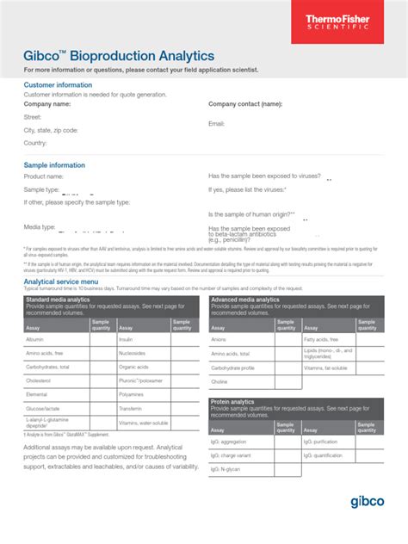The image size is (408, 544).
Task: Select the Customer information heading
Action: [x=58, y=85]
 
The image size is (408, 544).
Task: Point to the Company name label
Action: [x=47, y=103]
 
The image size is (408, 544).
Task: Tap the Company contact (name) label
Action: [x=245, y=103]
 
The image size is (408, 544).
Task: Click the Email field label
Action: [x=216, y=124]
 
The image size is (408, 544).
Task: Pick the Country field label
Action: [x=35, y=143]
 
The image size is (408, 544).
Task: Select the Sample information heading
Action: [x=54, y=164]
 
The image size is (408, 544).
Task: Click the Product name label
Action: [x=44, y=176]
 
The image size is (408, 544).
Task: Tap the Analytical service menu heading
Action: [x=73, y=281]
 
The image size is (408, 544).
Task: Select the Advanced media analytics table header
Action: [x=245, y=300]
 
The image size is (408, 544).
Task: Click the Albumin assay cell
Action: [x=35, y=339]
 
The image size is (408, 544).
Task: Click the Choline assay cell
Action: [x=219, y=381]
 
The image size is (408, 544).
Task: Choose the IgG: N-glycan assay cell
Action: [x=228, y=468]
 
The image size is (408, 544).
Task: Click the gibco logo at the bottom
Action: [x=368, y=501]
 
